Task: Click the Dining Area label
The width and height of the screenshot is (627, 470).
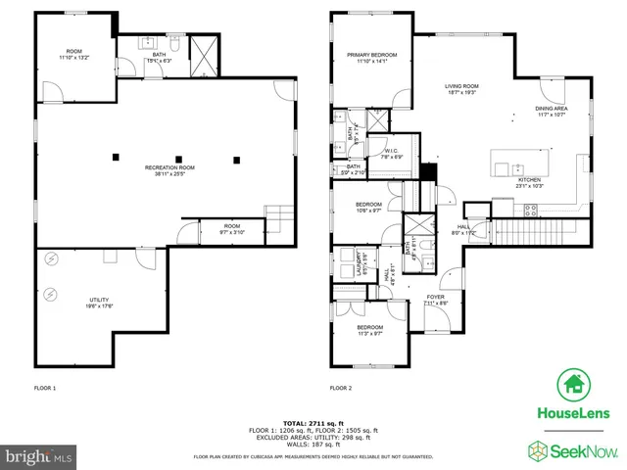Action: pos(550,112)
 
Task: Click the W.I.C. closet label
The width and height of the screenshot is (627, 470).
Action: pos(390,153)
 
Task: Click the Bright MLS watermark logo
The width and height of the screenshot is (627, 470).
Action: pos(39,455)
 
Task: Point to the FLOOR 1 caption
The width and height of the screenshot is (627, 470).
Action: pos(45,389)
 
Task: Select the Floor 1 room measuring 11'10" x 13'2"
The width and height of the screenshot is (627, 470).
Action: pos(73,55)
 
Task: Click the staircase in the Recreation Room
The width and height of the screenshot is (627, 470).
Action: pos(279,214)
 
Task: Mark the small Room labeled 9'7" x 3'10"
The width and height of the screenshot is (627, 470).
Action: pos(231,229)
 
